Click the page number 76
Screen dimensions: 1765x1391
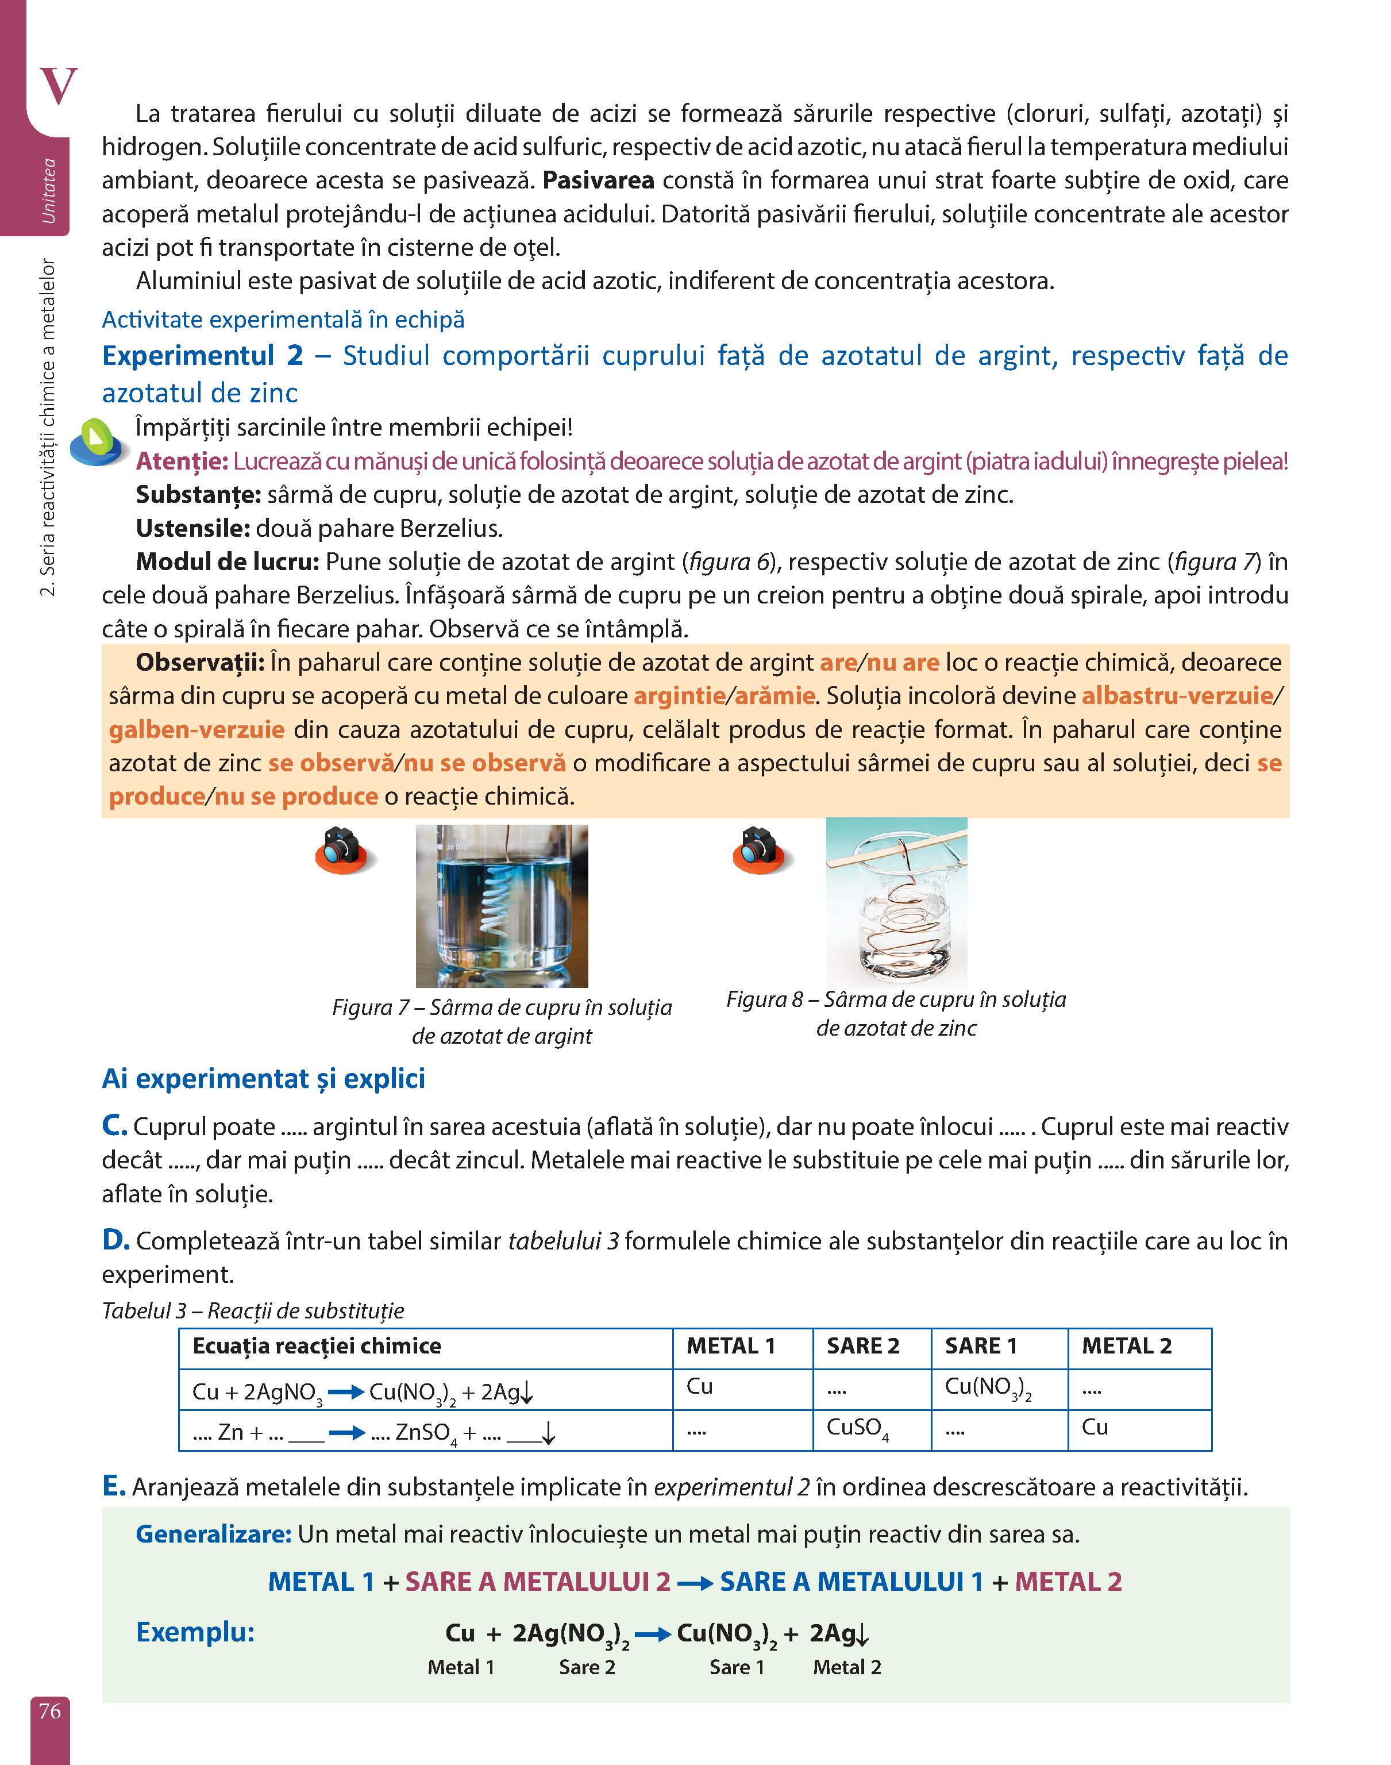[49, 1710]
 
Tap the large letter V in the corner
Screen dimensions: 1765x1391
[58, 86]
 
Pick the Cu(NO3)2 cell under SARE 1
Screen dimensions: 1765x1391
[988, 1387]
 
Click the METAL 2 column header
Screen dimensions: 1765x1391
[1126, 1345]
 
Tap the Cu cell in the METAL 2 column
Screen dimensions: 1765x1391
[1095, 1427]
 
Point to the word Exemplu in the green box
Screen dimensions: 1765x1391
[195, 1632]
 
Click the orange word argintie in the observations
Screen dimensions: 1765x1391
[679, 695]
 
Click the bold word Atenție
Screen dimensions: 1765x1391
[182, 461]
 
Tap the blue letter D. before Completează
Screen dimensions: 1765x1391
[115, 1240]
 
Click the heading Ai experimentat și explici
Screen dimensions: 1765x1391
[263, 1078]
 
